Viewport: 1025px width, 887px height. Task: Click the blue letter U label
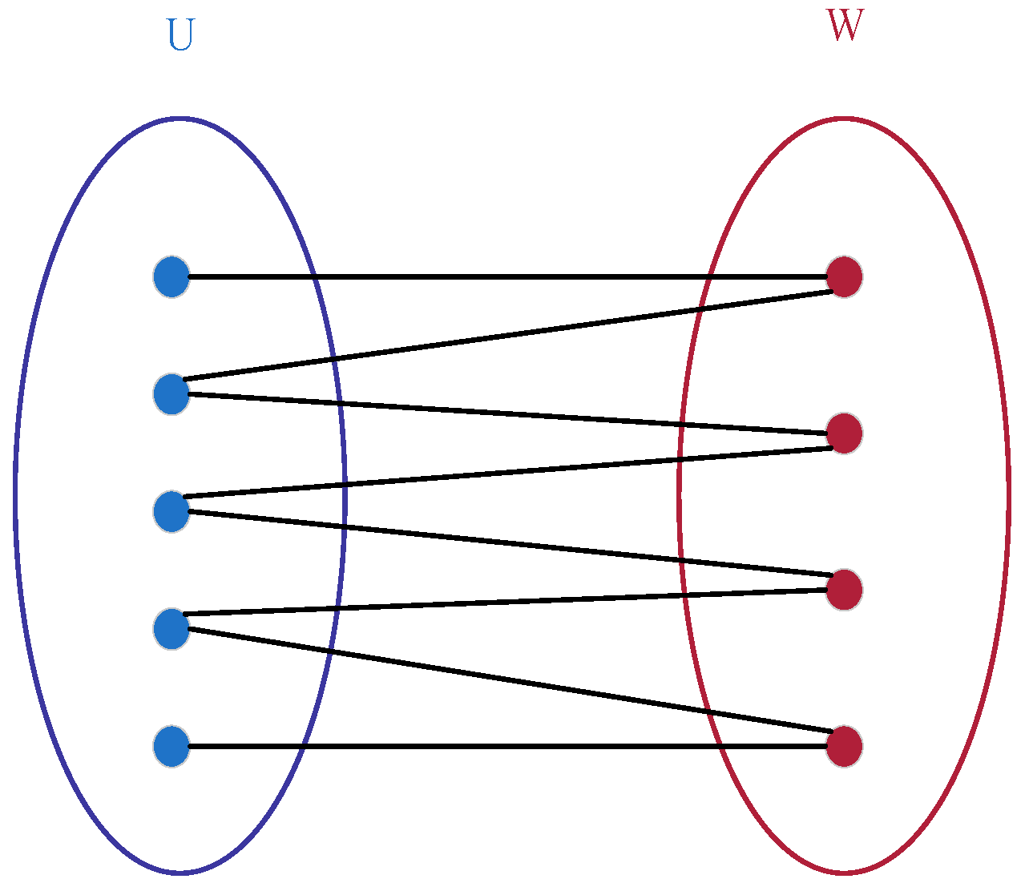click(x=180, y=35)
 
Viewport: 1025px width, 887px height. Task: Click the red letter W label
click(x=845, y=26)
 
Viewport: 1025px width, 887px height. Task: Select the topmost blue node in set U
click(x=172, y=277)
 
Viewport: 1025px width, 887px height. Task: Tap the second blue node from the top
click(x=172, y=393)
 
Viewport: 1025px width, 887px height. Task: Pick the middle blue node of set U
click(x=172, y=511)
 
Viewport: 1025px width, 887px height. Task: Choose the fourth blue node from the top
click(x=172, y=629)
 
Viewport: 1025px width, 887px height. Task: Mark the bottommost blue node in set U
click(x=172, y=747)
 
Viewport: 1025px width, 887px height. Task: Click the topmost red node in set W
click(x=844, y=277)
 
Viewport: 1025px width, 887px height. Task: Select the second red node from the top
click(x=844, y=433)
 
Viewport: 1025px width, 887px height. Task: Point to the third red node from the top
click(x=844, y=590)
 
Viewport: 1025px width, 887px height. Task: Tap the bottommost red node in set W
click(x=844, y=747)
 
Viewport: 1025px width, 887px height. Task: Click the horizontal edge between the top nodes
click(x=505, y=277)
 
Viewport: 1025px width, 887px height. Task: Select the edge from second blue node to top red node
click(x=505, y=336)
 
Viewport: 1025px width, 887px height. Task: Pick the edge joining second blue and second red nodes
click(x=505, y=413)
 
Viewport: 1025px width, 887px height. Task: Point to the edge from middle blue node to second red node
click(x=505, y=473)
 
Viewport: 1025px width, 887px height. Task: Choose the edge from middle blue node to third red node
click(x=505, y=543)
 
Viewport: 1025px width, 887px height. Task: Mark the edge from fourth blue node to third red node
click(x=505, y=603)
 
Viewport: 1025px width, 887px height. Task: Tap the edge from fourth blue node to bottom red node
click(x=505, y=679)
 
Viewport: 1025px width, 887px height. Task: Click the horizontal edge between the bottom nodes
click(x=505, y=747)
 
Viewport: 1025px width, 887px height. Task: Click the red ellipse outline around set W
click(x=1008, y=495)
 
